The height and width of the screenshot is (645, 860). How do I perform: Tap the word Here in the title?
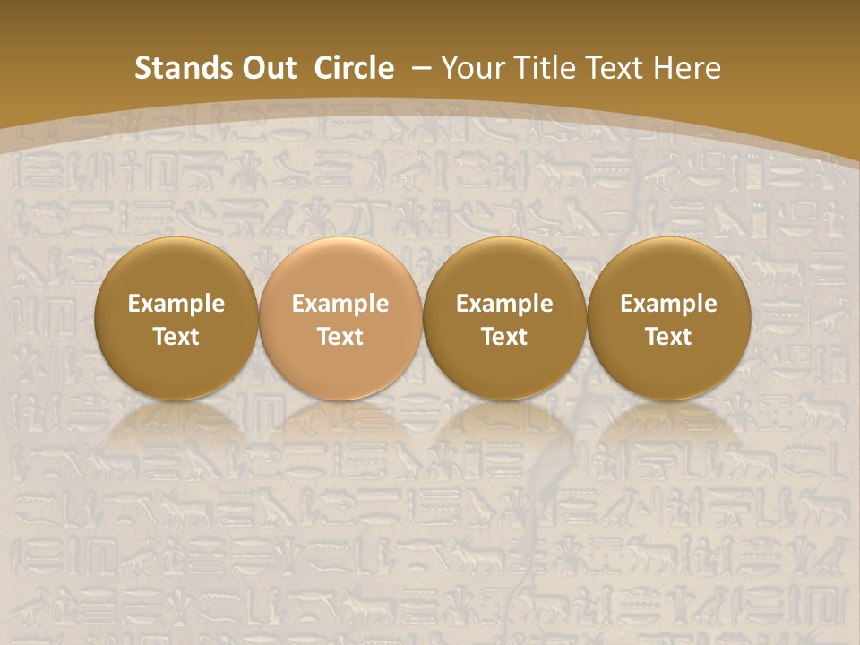[688, 68]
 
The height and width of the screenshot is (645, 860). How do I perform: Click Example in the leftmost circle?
[176, 304]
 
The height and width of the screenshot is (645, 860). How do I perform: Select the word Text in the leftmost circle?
[176, 337]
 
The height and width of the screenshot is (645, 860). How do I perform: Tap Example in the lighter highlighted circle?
[340, 304]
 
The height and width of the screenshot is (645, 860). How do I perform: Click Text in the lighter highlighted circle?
[340, 337]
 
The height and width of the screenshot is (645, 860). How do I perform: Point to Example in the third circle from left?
[504, 304]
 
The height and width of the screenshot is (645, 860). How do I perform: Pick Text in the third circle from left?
[504, 337]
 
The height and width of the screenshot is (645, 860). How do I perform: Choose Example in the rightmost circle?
[668, 304]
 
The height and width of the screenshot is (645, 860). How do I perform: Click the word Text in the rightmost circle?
[668, 337]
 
